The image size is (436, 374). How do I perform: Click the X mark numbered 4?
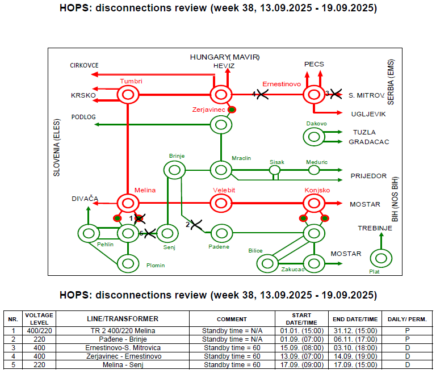click(262, 94)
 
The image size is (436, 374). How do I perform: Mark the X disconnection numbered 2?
click(196, 225)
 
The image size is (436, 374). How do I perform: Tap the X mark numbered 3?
click(336, 94)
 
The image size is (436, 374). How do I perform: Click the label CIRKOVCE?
click(84, 65)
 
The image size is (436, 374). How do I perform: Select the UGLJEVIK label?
click(368, 114)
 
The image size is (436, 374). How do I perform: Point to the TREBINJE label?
click(375, 228)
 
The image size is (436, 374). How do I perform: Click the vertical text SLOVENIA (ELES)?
click(56, 148)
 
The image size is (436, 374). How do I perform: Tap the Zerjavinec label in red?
click(208, 110)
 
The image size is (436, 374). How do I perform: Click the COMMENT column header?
click(232, 319)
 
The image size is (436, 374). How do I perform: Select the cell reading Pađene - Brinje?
click(123, 339)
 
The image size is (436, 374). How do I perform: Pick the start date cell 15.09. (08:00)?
click(301, 348)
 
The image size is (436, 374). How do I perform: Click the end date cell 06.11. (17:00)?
click(355, 339)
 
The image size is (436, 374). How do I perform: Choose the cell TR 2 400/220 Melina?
click(123, 331)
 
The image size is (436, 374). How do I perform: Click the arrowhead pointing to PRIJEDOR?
click(340, 180)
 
